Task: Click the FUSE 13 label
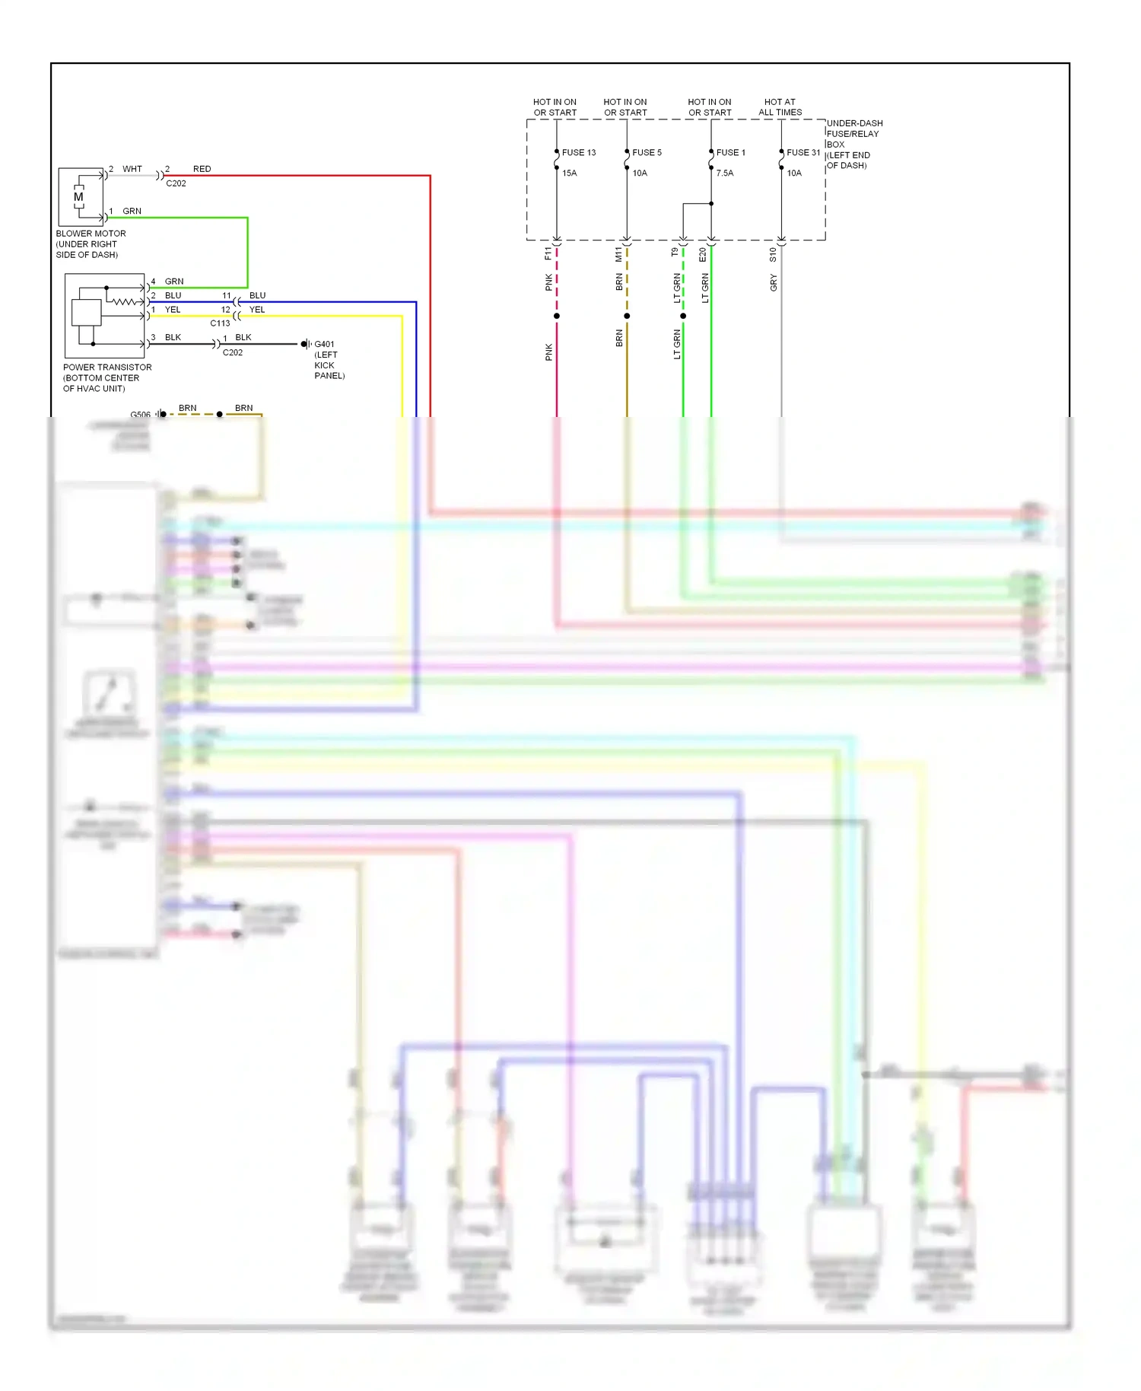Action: click(x=578, y=153)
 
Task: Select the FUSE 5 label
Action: click(x=647, y=153)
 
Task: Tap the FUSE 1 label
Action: click(x=730, y=153)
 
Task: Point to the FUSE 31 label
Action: click(x=803, y=153)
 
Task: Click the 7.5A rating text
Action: click(x=724, y=173)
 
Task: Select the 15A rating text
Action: click(x=569, y=173)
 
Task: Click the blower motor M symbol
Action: click(x=78, y=197)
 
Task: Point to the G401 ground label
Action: click(x=325, y=345)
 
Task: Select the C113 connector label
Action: click(x=220, y=323)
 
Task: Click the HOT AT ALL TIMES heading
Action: click(x=780, y=107)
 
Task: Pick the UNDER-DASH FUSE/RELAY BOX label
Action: click(x=853, y=144)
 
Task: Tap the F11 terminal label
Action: click(x=548, y=253)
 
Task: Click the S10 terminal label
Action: click(x=773, y=255)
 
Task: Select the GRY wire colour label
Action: click(x=774, y=283)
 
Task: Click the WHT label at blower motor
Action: click(x=132, y=169)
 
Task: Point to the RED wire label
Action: click(x=202, y=169)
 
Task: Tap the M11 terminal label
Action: click(x=618, y=254)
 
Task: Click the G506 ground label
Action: click(x=140, y=415)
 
